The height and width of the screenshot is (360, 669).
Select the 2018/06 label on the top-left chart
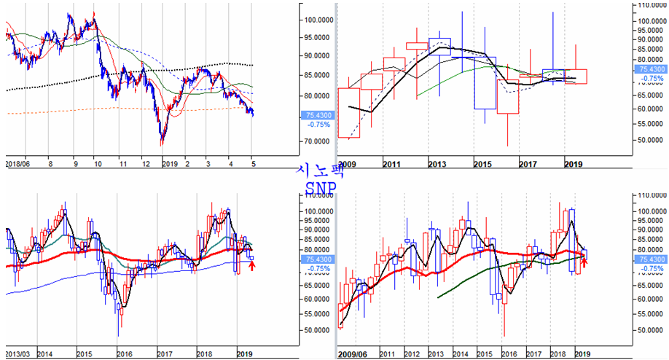pyautogui.click(x=19, y=165)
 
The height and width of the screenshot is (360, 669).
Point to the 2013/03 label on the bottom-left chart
pyautogui.click(x=19, y=352)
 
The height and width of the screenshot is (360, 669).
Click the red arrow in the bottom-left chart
pyautogui.click(x=252, y=267)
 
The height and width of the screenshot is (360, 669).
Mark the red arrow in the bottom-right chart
pyautogui.click(x=584, y=262)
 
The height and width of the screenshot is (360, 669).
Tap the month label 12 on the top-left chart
pyautogui.click(x=146, y=165)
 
